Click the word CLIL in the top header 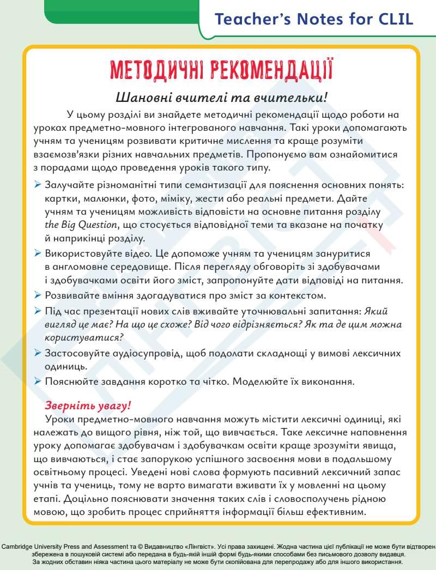[393, 20]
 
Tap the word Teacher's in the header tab [246, 20]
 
